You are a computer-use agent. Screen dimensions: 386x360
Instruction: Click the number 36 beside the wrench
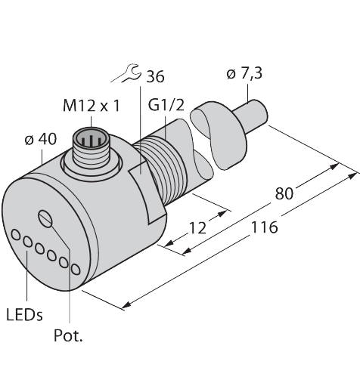[154, 76]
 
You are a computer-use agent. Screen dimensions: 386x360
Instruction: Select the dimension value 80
[284, 193]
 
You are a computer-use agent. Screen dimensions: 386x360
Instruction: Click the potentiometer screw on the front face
[47, 219]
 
